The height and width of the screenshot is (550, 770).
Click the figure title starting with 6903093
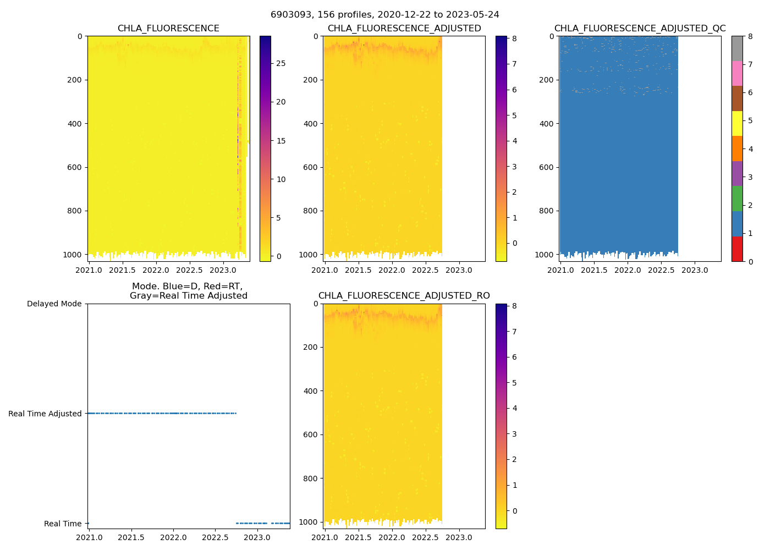pos(385,15)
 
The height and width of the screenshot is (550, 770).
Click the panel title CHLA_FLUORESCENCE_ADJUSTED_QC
pos(640,29)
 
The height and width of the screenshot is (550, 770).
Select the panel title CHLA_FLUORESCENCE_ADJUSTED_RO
pos(404,296)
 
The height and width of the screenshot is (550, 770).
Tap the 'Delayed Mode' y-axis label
pos(54,304)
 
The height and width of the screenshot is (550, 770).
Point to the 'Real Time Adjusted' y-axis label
pos(45,414)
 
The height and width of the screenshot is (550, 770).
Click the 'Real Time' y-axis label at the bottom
pos(63,524)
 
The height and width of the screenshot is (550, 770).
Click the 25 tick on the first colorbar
pos(280,64)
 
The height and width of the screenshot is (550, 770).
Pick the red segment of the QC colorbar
pos(736,249)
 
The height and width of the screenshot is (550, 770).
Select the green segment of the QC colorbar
pos(736,199)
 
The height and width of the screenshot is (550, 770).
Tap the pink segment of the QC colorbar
pos(736,73)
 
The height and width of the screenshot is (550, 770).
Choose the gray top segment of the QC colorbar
pos(736,48)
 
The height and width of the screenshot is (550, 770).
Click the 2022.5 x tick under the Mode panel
pos(216,537)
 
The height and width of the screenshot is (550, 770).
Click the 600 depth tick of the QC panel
pos(546,167)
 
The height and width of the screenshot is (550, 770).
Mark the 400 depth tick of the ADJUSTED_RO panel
pos(310,391)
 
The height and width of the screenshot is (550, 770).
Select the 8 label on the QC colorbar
pos(750,36)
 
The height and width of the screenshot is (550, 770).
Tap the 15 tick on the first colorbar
pos(280,141)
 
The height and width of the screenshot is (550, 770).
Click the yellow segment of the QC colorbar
pos(736,123)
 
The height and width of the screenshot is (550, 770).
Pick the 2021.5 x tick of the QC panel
pos(594,270)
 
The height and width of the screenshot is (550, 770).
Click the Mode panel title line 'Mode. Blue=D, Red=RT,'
pos(188,287)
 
